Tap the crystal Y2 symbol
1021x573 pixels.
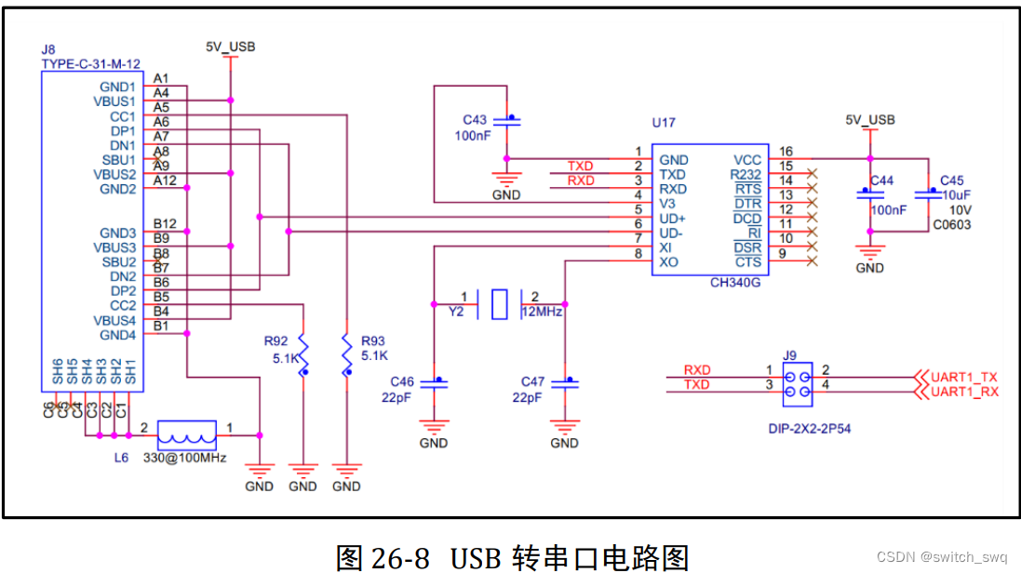click(x=499, y=304)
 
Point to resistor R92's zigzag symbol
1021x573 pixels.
click(x=302, y=353)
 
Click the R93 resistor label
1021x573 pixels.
click(x=372, y=340)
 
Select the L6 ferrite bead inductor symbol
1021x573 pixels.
click(x=187, y=434)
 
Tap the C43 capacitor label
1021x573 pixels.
click(x=475, y=120)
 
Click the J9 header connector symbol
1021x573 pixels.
click(x=798, y=384)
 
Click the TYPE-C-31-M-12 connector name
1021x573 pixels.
click(x=90, y=63)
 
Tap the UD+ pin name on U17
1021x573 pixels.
click(x=673, y=218)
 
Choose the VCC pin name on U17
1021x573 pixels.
click(x=747, y=160)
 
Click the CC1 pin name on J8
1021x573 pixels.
click(x=122, y=117)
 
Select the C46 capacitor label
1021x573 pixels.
click(x=401, y=381)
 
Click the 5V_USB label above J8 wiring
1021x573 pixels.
click(x=231, y=47)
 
